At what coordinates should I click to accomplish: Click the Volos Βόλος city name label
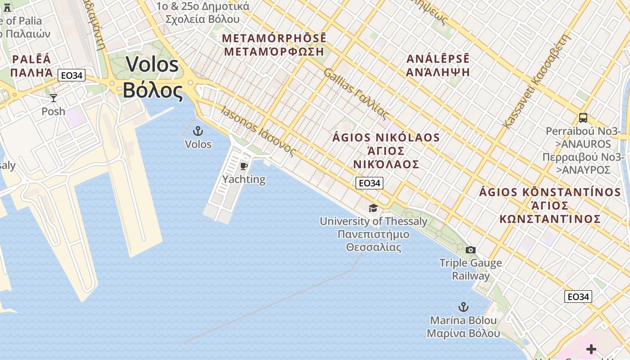153,77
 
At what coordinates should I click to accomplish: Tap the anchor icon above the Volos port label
198,131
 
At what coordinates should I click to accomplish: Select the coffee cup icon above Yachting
244,166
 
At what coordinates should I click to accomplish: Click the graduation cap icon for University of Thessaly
373,208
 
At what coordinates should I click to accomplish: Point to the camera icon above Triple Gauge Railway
471,250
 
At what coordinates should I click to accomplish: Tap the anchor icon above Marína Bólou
463,307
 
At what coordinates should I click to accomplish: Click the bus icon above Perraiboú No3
583,118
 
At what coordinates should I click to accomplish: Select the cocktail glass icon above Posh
54,98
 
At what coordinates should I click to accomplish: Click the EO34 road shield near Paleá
72,75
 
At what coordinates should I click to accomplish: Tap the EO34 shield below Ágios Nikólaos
369,183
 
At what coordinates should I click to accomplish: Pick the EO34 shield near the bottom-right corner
578,297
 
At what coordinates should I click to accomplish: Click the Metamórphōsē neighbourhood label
274,45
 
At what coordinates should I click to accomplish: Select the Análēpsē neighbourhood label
438,65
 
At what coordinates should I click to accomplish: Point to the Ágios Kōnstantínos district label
550,206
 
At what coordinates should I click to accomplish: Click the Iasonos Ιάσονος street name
258,131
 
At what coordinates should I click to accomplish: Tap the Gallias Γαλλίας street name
356,94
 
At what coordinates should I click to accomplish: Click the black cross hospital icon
591,349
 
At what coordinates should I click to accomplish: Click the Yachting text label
244,180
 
